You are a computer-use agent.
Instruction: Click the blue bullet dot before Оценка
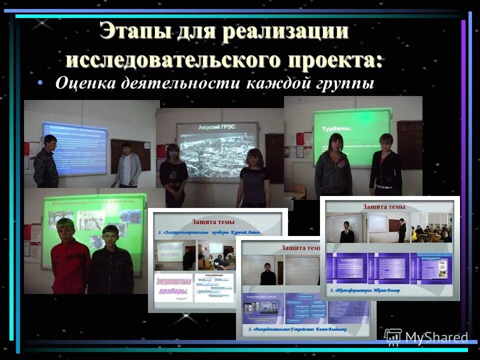40,83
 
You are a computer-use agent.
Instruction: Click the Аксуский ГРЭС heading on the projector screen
217,127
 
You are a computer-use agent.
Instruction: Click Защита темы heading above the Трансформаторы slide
384,206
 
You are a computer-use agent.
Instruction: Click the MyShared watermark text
436,338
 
